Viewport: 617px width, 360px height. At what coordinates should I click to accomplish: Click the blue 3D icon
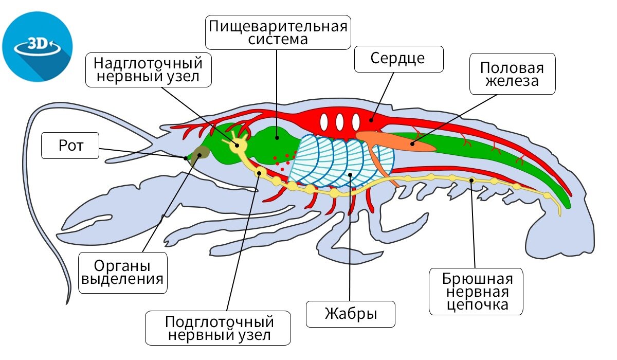[37, 46]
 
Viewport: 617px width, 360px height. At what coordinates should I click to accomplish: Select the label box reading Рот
[70, 146]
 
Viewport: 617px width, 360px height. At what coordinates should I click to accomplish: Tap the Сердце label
[398, 59]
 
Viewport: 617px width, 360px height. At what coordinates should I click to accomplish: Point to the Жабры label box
[351, 314]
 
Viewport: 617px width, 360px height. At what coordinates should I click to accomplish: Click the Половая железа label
[512, 74]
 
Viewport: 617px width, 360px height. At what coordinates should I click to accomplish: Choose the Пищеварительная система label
[277, 32]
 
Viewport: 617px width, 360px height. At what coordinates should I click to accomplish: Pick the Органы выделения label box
[123, 273]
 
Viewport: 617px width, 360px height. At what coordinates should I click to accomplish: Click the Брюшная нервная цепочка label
[476, 291]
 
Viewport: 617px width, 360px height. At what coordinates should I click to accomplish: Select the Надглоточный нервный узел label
[148, 71]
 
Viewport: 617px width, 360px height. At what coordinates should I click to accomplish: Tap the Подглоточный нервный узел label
[218, 329]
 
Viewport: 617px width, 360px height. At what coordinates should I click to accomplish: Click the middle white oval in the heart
[339, 122]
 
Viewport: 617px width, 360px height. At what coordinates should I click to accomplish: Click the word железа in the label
[512, 81]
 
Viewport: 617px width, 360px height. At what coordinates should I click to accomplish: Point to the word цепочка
[476, 304]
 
